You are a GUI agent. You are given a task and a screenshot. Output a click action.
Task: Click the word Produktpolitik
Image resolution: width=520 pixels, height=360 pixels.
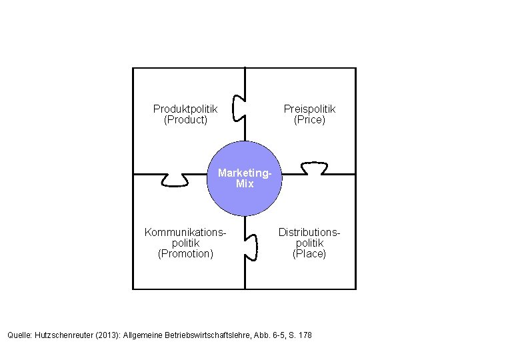185,109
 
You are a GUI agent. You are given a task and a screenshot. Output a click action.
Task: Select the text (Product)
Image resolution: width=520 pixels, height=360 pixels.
185,120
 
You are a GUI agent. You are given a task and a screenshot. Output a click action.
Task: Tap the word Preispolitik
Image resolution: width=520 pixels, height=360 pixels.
309,109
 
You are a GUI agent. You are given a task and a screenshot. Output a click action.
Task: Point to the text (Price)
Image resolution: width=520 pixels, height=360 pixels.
309,120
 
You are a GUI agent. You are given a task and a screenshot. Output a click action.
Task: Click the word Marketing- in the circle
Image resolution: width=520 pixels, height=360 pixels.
245,173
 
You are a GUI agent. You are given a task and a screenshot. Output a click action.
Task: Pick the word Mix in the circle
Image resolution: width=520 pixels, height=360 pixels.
245,183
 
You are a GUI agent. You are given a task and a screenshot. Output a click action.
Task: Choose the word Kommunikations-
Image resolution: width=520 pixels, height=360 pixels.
185,232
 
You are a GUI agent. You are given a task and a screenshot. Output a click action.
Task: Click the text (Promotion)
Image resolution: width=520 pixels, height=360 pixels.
185,253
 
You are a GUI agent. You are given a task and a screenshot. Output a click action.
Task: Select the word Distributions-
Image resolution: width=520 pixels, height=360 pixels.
309,232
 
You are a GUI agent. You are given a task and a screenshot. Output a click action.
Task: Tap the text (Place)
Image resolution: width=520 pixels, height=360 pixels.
309,253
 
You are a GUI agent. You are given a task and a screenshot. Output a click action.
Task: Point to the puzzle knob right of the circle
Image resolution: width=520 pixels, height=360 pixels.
313,167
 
